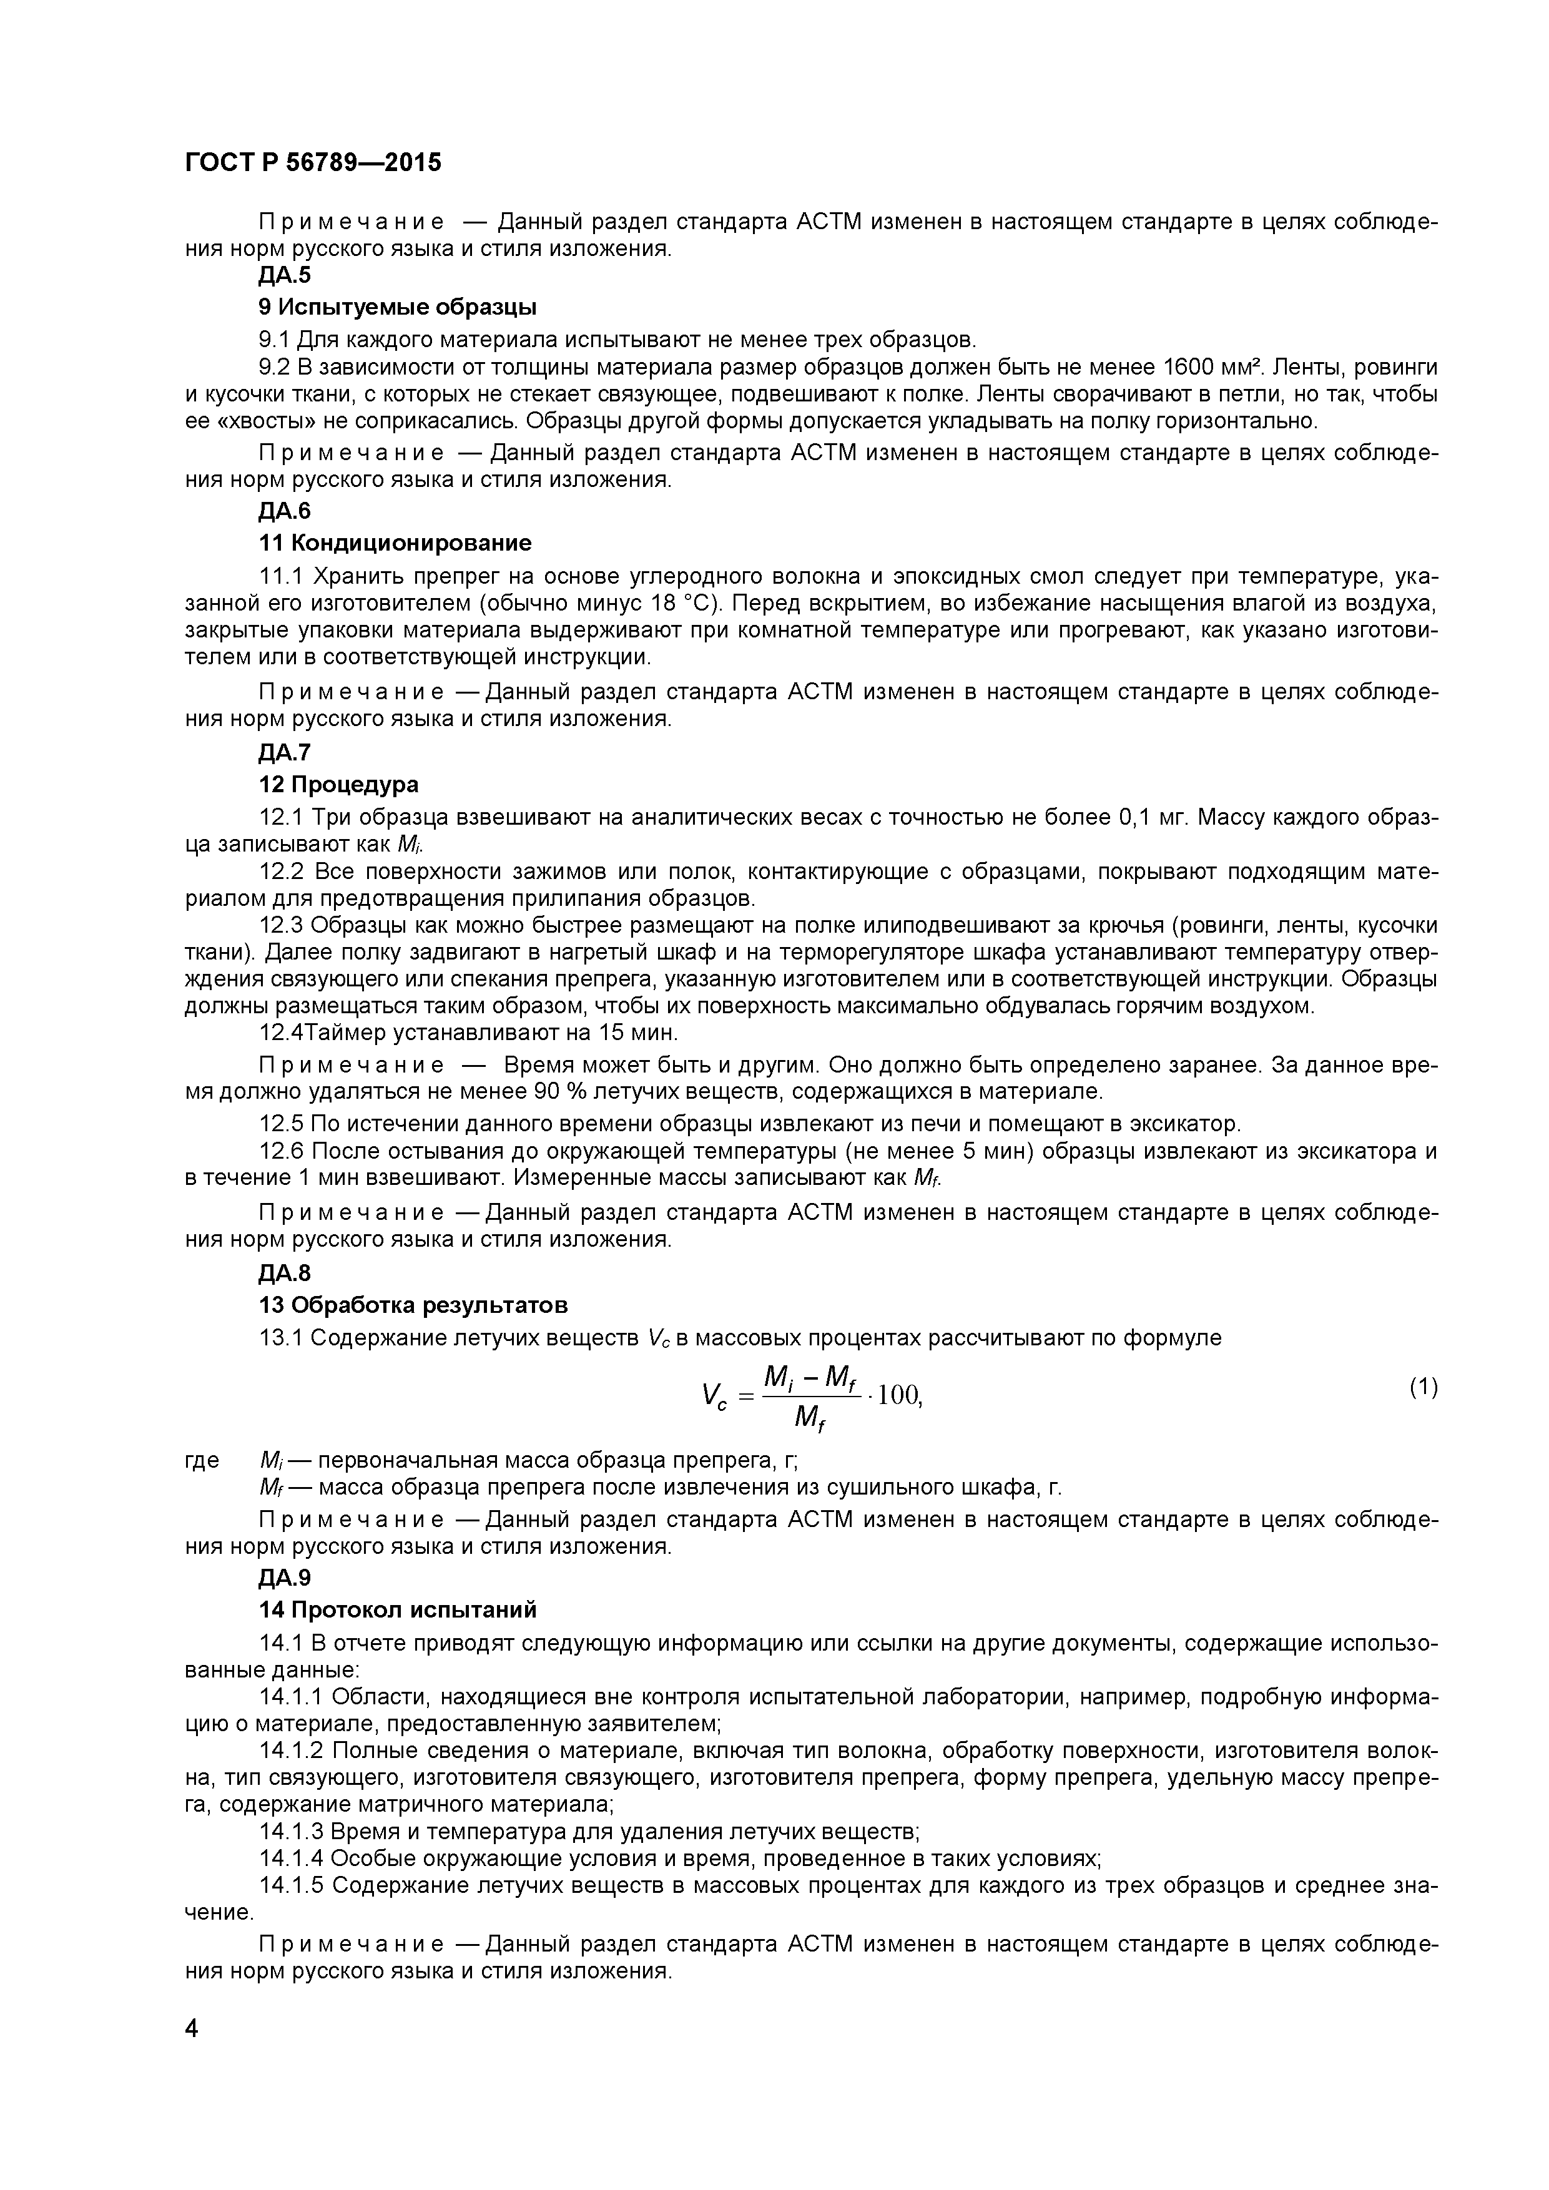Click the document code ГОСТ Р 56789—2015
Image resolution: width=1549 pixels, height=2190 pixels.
tap(313, 163)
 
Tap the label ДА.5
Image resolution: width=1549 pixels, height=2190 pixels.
tap(284, 276)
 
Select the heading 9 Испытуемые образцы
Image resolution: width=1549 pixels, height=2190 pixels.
tap(398, 307)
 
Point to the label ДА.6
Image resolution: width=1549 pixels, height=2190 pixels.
tap(284, 511)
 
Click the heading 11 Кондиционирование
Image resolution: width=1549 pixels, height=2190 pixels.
tap(395, 544)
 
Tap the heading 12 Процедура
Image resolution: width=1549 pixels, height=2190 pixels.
tap(338, 784)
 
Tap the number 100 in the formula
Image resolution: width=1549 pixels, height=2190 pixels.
tap(898, 1395)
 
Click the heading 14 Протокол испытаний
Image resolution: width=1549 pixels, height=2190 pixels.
tap(398, 1610)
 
